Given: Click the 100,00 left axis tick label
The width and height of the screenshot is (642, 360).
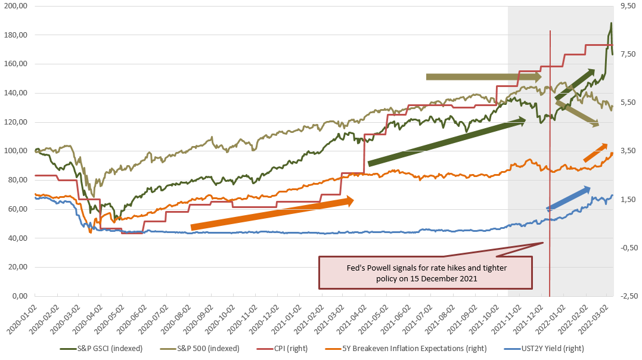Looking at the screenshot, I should (x=17, y=151).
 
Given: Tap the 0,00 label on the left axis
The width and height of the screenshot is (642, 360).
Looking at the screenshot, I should (x=20, y=296).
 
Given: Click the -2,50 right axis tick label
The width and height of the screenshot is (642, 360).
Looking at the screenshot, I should (x=627, y=296).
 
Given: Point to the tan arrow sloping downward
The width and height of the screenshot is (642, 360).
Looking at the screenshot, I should (x=577, y=113).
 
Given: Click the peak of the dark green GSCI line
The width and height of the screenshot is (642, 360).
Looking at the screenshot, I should (x=611, y=24).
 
